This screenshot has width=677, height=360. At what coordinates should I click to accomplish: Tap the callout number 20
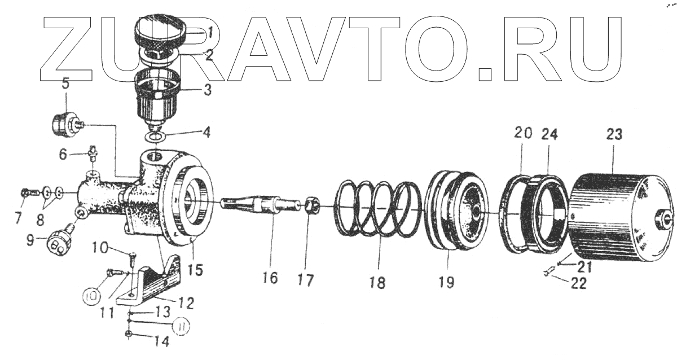pos(522,134)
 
